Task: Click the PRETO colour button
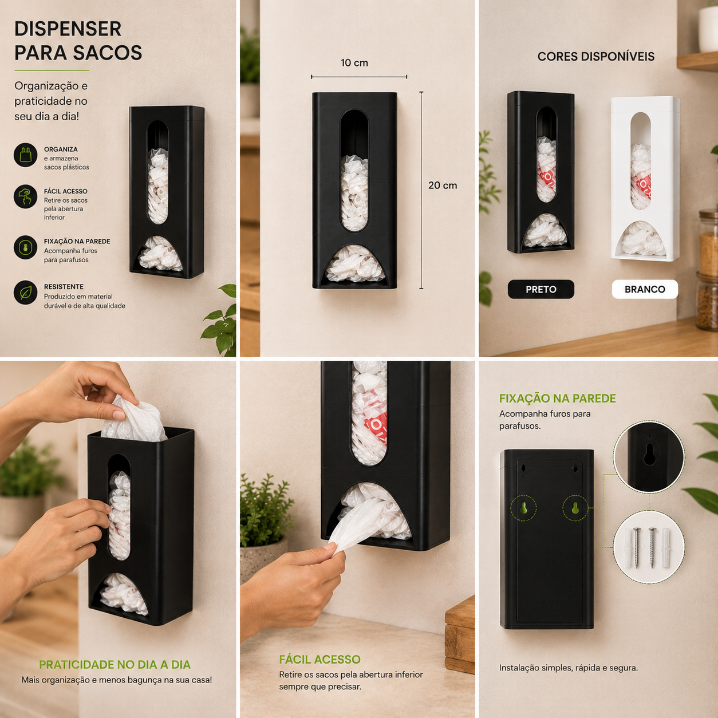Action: (541, 289)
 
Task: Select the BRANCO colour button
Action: (645, 289)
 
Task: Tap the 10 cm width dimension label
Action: (354, 62)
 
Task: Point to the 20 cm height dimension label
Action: (443, 185)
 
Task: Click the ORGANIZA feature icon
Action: (25, 155)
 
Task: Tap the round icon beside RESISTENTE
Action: (25, 293)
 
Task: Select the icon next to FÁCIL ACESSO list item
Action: (25, 196)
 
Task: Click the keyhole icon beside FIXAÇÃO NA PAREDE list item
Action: (25, 247)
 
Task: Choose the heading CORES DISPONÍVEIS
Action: (596, 56)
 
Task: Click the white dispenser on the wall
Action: (645, 179)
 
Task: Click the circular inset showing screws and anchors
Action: (649, 547)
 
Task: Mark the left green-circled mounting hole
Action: (523, 508)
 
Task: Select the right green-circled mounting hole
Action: (575, 508)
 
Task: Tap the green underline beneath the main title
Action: (52, 70)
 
